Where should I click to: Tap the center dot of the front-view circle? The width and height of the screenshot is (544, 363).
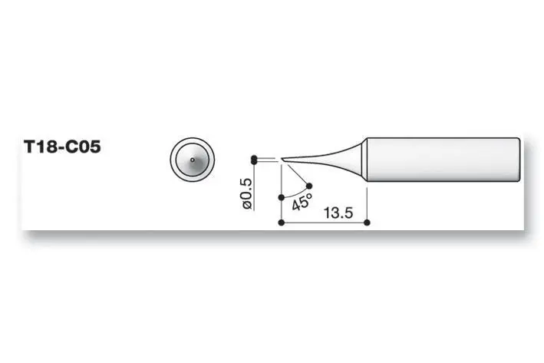click(x=191, y=160)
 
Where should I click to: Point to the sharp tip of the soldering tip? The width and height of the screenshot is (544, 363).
click(x=282, y=160)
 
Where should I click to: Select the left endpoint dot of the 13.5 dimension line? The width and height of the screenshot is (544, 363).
click(x=282, y=223)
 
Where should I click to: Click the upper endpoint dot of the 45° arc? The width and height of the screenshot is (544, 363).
click(x=309, y=185)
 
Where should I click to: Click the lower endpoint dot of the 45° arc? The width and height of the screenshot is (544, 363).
click(x=282, y=197)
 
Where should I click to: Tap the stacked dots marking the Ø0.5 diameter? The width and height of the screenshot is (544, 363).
click(x=253, y=160)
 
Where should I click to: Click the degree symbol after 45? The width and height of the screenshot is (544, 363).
click(x=309, y=196)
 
